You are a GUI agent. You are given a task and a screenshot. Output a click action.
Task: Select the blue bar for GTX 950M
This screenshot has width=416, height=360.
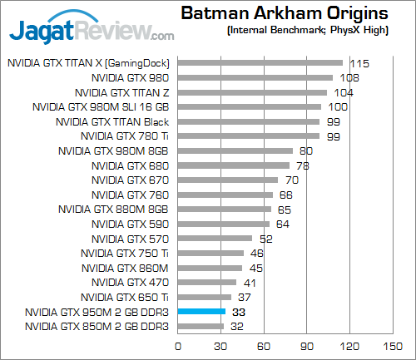tap(201, 312)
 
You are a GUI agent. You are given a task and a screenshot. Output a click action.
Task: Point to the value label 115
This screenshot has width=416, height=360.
tap(359, 62)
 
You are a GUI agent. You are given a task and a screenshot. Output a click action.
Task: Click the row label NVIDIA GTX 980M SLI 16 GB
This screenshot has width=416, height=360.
tap(101, 106)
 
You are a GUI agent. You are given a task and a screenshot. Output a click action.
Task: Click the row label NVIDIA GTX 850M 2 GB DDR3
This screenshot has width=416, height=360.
tap(97, 327)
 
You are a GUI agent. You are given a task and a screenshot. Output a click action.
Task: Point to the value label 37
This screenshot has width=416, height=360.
tap(243, 297)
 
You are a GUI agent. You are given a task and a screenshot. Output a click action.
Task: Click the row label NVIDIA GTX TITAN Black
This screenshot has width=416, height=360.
tap(111, 121)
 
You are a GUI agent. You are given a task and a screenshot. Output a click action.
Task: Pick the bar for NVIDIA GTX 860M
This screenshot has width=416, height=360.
tap(209, 268)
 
